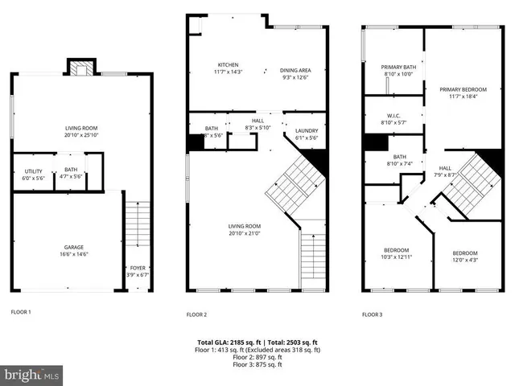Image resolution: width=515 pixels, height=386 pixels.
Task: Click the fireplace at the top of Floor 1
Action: coord(80,68)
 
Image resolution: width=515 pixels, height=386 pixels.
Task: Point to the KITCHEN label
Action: coord(229,64)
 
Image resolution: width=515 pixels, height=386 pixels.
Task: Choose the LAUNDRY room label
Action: coord(307,130)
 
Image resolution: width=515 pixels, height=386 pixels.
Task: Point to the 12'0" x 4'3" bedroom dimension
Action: coord(464,259)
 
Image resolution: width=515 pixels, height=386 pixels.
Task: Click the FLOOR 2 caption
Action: coord(197,314)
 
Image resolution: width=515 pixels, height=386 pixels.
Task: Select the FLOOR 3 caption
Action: coord(373,314)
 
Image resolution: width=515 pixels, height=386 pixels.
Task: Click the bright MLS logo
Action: coord(32,375)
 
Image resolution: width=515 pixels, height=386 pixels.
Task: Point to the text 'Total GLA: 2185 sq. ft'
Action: coord(226,343)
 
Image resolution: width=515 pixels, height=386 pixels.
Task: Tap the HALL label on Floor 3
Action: coord(445,167)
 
